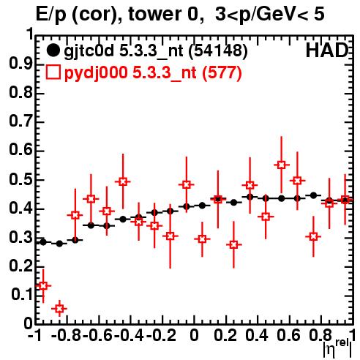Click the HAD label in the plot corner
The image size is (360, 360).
click(x=327, y=50)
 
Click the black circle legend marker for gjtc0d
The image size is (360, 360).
click(x=53, y=50)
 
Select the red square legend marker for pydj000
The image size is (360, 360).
click(x=53, y=72)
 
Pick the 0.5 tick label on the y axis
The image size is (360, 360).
click(x=20, y=180)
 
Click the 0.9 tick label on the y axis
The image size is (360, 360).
click(x=20, y=64)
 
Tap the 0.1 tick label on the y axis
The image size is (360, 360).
click(x=22, y=294)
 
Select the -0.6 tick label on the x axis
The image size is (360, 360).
click(x=97, y=335)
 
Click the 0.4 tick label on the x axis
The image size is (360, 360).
click(x=257, y=335)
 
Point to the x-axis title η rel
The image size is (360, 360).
click(x=338, y=348)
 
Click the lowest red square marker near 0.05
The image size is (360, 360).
click(x=59, y=309)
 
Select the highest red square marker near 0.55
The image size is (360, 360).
click(x=282, y=165)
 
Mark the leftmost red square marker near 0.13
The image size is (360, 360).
click(x=43, y=285)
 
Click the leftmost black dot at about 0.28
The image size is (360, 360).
click(x=43, y=242)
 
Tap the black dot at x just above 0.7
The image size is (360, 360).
click(x=313, y=195)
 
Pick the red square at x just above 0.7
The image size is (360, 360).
click(x=313, y=236)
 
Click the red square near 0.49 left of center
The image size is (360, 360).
click(x=123, y=181)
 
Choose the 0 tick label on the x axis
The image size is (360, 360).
click(x=194, y=335)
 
